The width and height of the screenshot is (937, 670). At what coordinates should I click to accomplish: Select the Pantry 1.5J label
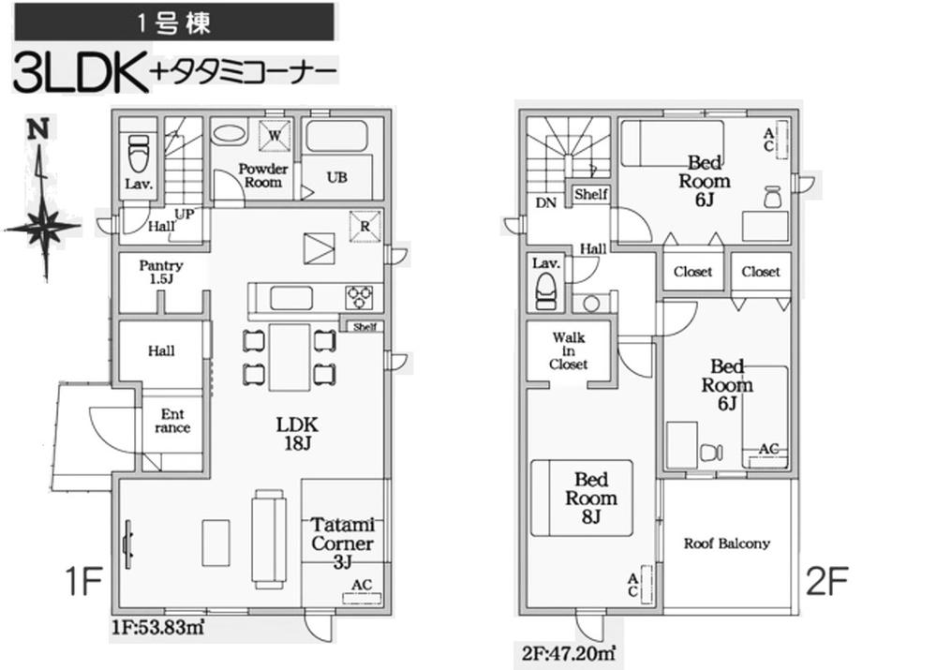(161, 272)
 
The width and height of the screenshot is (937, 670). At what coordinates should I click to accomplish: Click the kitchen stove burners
(359, 297)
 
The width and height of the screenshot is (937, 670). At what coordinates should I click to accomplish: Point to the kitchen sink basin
(291, 298)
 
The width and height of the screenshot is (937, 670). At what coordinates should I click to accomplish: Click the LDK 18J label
(297, 433)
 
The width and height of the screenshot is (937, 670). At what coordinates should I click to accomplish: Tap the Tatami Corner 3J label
(342, 543)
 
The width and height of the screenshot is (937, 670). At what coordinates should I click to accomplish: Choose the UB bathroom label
(337, 177)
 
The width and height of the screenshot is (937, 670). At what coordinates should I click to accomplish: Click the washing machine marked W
(275, 135)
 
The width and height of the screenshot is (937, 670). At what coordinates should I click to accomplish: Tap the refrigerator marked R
(364, 227)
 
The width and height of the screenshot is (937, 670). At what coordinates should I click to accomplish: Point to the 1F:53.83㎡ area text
(157, 628)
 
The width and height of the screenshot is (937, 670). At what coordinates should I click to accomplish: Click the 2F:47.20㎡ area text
(569, 653)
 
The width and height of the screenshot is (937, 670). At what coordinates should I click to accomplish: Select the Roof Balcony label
(727, 543)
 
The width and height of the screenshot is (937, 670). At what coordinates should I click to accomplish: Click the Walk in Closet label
(569, 350)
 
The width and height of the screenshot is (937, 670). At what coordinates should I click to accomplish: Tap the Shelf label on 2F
(591, 194)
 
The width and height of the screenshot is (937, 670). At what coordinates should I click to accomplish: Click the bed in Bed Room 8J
(582, 498)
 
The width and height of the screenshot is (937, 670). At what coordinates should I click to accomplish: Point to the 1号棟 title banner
(174, 22)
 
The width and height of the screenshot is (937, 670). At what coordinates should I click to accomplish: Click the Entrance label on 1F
(172, 421)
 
